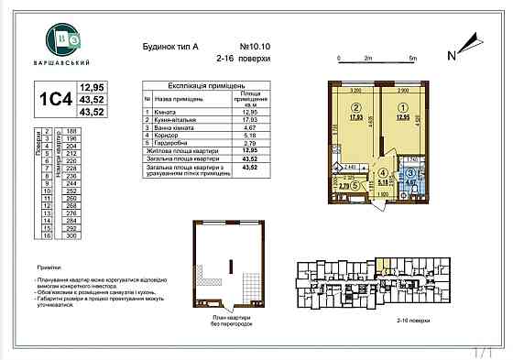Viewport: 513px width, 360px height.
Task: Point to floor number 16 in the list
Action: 47,235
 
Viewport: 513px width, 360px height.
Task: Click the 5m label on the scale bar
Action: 413,57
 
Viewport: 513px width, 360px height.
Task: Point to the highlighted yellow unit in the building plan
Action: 387,268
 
